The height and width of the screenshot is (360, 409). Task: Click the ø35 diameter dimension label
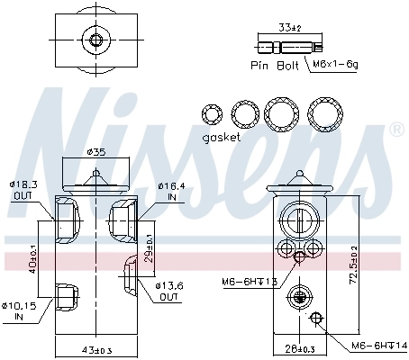pos(95,151)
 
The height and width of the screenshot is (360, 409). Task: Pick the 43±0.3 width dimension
pos(95,349)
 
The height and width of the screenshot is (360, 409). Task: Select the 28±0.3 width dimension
pos(297,348)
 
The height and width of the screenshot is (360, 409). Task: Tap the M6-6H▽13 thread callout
pos(249,283)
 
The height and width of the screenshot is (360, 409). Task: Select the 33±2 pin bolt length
pos(289,29)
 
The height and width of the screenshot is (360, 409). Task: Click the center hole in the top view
pos(95,40)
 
